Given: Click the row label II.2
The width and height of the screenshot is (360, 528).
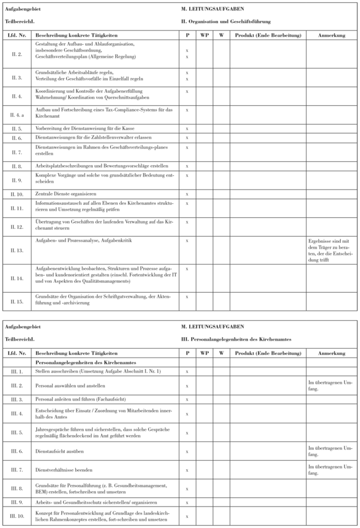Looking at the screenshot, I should [16, 54].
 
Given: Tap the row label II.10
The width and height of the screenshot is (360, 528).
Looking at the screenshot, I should [16, 194].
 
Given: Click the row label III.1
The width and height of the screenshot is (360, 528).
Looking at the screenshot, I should [16, 371].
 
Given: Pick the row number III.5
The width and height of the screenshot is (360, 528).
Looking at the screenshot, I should [16, 432].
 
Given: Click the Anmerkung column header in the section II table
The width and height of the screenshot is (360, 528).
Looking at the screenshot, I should [332, 35].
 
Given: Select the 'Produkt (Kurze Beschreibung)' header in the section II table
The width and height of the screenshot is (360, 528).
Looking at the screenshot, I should [267, 35].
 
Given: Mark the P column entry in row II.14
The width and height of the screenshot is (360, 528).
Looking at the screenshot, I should [187, 268].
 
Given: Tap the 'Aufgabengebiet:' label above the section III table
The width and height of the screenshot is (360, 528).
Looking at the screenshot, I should [19, 327].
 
